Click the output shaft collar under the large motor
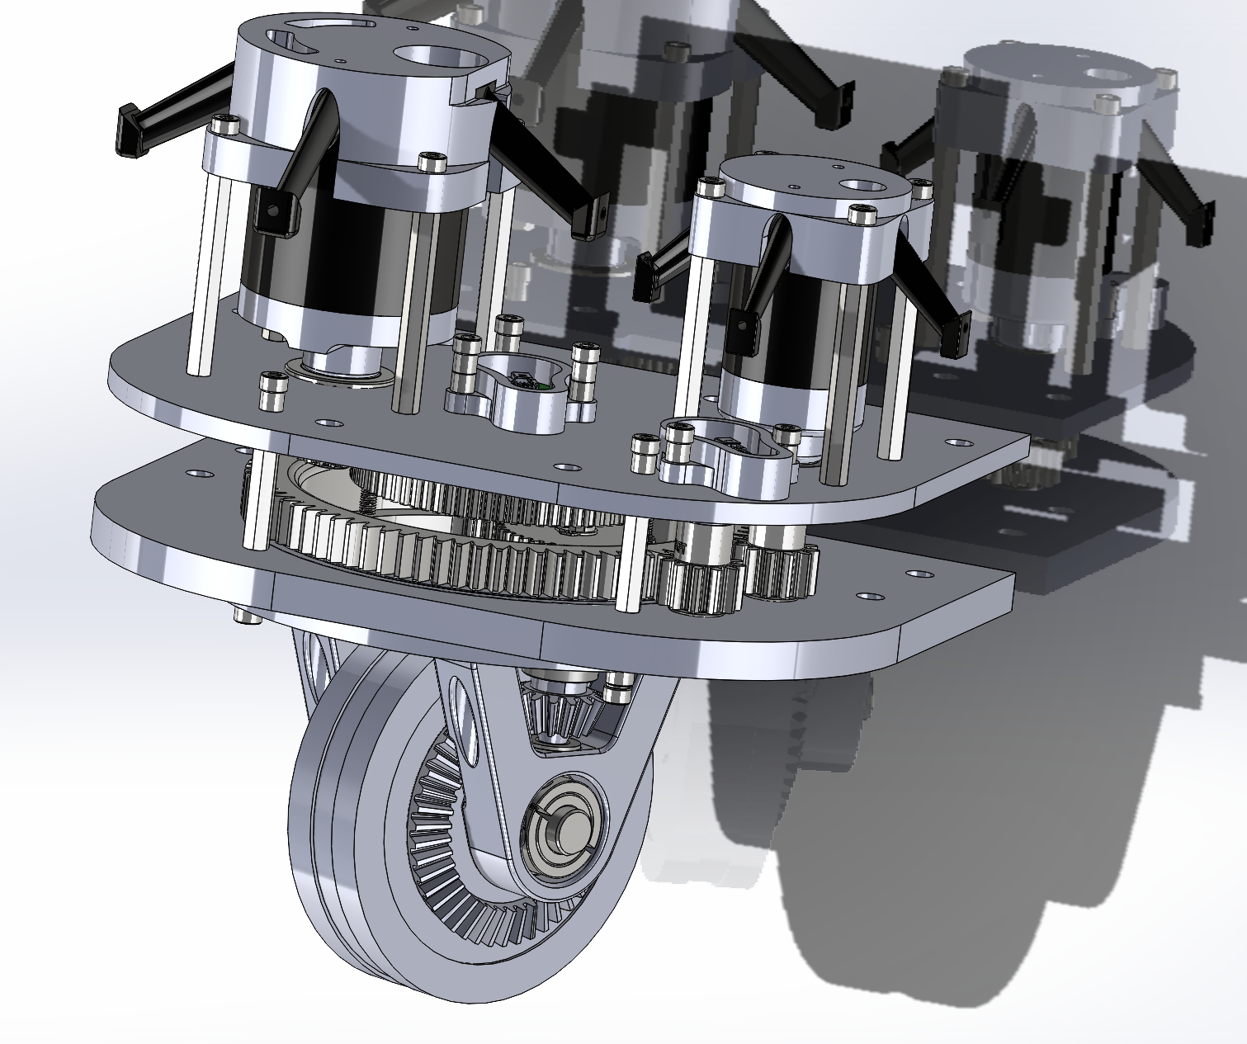(338, 363)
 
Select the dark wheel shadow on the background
(867, 908)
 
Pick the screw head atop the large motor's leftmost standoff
(224, 125)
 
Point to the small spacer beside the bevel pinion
(619, 687)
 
